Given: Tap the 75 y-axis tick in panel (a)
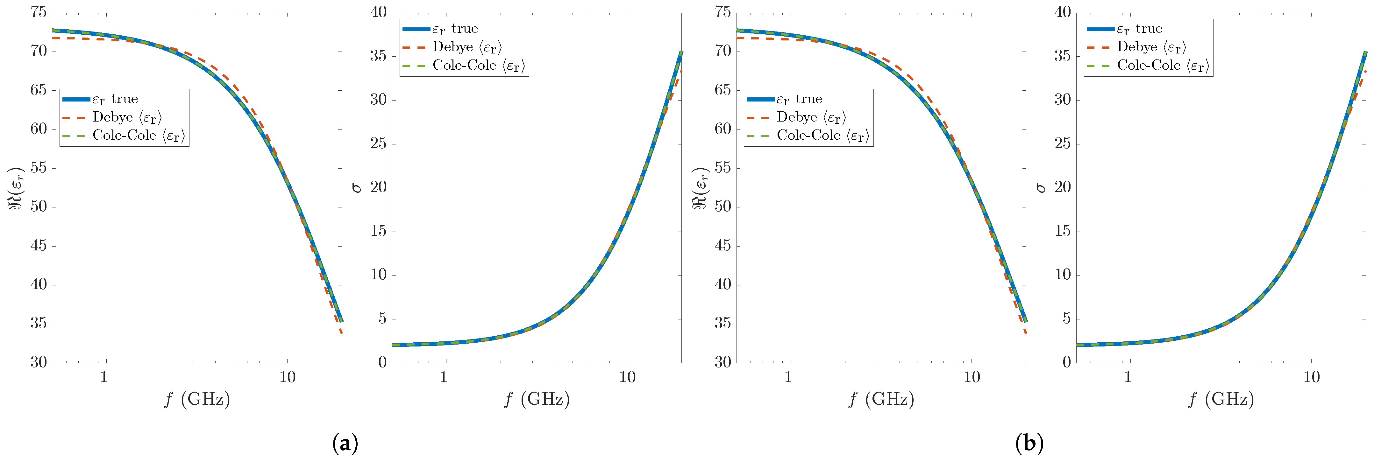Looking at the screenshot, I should click(x=39, y=12).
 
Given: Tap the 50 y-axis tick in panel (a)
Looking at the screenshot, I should click(x=39, y=207).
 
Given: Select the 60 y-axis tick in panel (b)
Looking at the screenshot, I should click(x=723, y=129).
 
